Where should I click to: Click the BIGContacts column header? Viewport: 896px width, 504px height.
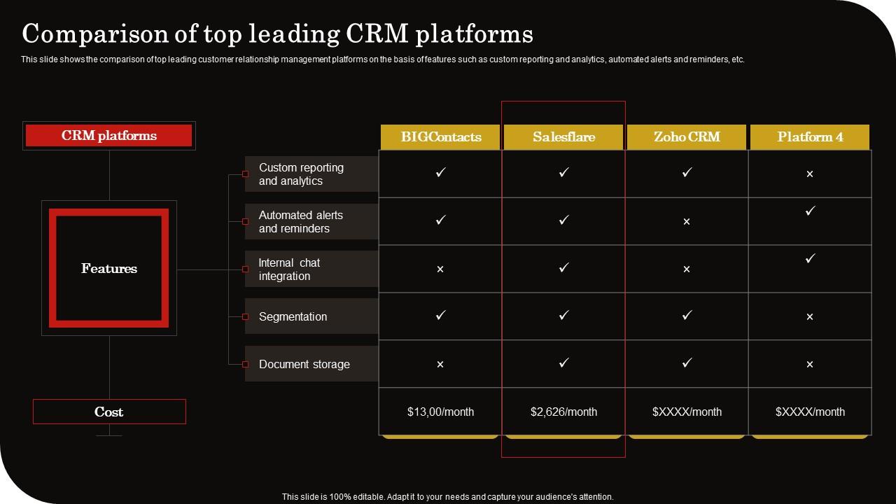(x=440, y=137)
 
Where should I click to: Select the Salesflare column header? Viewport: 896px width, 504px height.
(x=563, y=137)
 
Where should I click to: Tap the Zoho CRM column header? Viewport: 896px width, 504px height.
(x=687, y=137)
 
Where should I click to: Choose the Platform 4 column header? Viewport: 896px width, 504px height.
(x=810, y=137)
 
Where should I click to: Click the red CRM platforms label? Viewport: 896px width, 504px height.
(x=109, y=136)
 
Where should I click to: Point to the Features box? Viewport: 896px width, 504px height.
(x=109, y=268)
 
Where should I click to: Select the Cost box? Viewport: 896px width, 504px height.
(x=109, y=412)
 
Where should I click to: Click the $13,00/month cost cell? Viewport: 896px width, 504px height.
(x=440, y=412)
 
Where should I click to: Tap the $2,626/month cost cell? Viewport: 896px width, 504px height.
(x=563, y=412)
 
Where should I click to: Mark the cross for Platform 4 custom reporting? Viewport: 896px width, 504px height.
(x=810, y=174)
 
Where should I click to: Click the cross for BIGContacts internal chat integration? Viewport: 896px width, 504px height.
(x=440, y=269)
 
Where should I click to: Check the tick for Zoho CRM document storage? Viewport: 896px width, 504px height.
(x=687, y=363)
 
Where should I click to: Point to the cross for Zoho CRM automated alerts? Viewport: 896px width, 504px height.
(x=687, y=222)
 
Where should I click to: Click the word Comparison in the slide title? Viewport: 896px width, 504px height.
(x=94, y=34)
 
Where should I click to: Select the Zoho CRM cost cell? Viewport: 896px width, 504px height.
(x=687, y=412)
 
